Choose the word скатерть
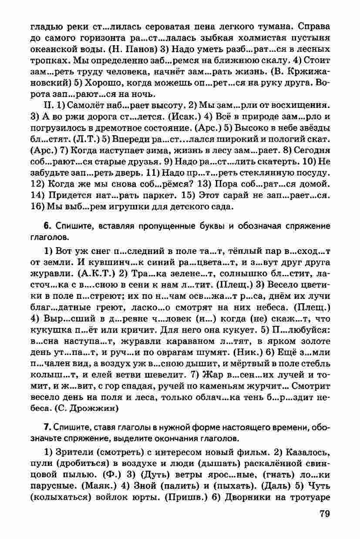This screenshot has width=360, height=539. point(281,161)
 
